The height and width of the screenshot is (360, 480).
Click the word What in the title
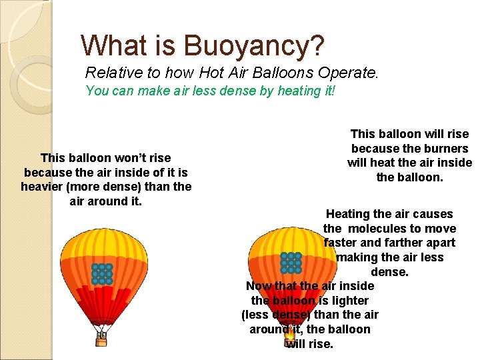point(110,45)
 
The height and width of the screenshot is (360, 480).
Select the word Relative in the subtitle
point(110,73)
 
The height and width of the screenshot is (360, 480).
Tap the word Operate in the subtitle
point(351,73)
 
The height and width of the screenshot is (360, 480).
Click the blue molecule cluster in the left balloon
point(102,273)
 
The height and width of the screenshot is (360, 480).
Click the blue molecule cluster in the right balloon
point(291,263)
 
